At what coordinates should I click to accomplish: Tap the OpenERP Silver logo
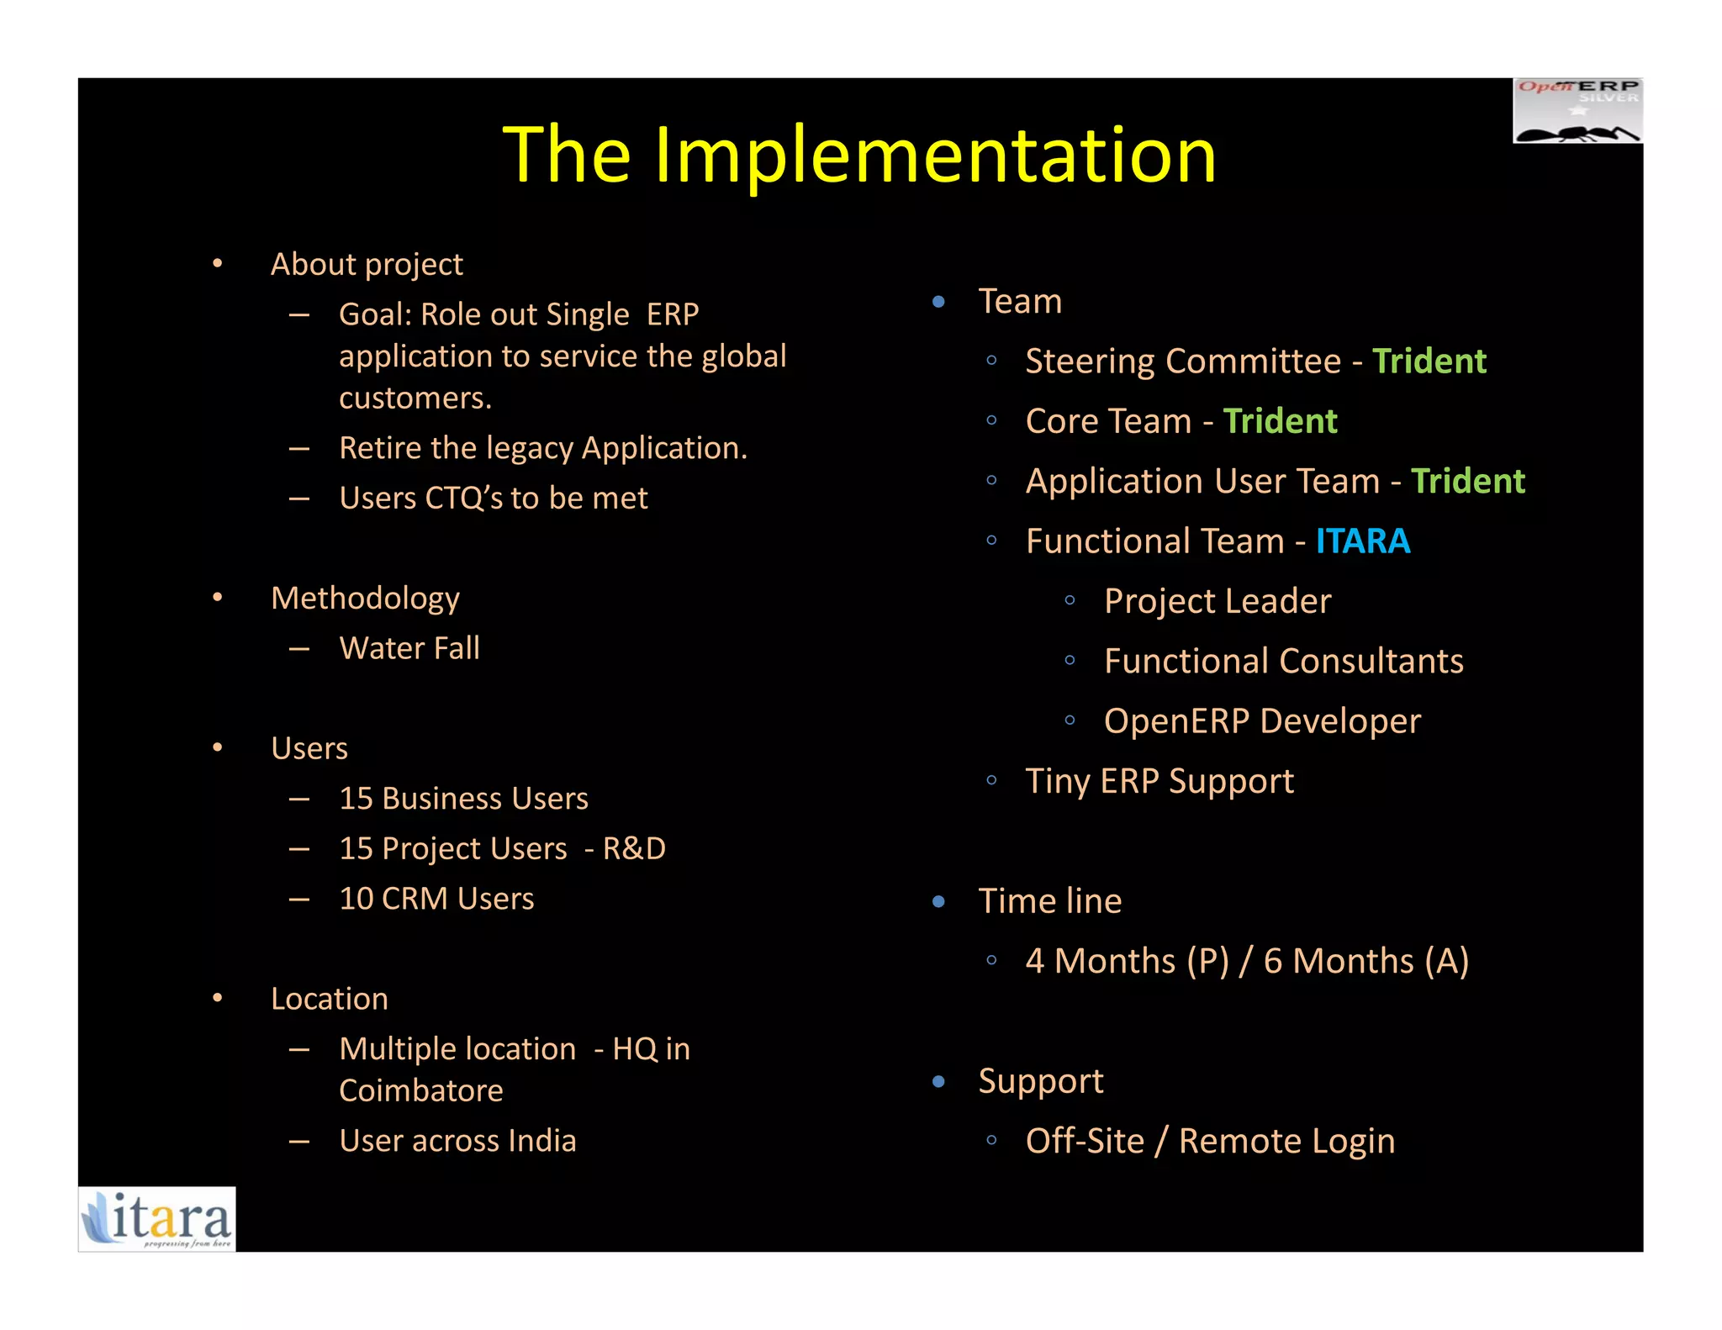coord(1577,111)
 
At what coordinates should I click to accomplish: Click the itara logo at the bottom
coord(157,1219)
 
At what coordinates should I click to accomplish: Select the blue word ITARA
coord(1362,541)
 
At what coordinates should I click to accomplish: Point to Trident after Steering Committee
coord(1429,362)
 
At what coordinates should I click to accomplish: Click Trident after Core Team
coord(1279,421)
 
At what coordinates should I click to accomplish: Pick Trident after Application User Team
coord(1467,482)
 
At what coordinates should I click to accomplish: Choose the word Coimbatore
coord(421,1090)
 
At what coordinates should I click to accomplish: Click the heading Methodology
coord(365,599)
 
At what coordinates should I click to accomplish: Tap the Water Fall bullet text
coord(409,648)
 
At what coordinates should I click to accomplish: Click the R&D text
coord(634,848)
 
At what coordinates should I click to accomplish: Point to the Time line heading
coord(1049,901)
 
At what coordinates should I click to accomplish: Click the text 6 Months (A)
coord(1365,961)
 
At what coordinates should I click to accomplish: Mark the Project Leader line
coord(1218,601)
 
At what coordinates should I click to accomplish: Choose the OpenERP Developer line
coord(1262,721)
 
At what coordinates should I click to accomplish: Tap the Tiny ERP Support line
coord(1159,781)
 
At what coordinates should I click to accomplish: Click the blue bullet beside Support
coord(938,1081)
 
